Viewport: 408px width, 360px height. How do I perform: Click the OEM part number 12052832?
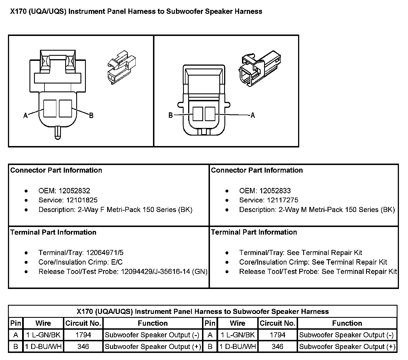pos(74,190)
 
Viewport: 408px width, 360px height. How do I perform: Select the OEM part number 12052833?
pos(275,190)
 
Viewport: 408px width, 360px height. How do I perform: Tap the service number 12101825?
pos(82,200)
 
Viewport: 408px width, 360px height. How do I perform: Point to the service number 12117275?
pos(282,200)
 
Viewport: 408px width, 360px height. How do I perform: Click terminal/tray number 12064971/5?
pos(105,252)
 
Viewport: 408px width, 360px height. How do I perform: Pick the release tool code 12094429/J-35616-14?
pos(155,271)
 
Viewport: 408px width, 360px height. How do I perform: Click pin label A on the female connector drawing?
pos(25,115)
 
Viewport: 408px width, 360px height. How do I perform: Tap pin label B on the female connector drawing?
pos(91,115)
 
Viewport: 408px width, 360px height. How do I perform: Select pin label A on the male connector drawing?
pos(253,115)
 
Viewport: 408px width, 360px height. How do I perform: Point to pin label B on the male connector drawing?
pos(171,115)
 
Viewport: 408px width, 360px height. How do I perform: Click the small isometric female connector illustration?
pos(122,67)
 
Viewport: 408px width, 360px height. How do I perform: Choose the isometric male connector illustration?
pos(260,68)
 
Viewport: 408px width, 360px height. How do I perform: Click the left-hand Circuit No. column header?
pos(83,323)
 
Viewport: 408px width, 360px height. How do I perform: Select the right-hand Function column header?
pos(347,323)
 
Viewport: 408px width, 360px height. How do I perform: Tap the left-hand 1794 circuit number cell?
pos(83,335)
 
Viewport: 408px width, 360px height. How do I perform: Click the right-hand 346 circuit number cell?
pos(277,346)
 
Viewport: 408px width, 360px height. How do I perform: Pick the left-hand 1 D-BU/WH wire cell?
pos(43,346)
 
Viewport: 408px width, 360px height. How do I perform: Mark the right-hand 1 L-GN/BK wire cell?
pos(238,335)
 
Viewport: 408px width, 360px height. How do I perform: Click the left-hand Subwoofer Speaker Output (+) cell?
pos(153,346)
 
